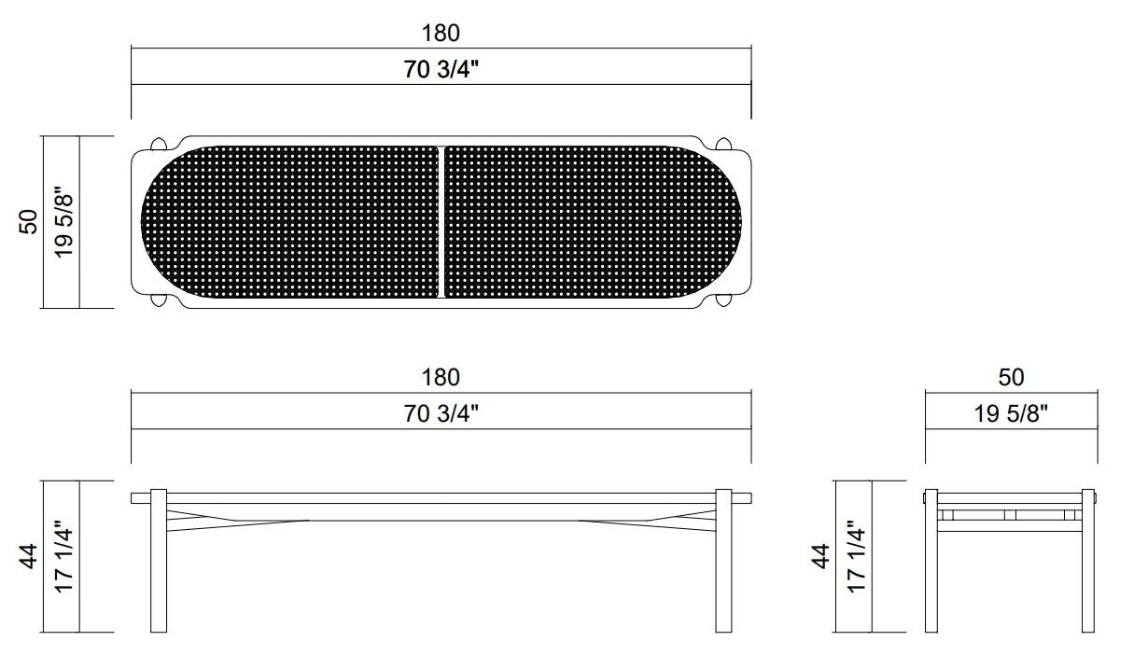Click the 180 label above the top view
[441, 33]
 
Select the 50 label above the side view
[1011, 377]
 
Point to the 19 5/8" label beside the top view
[63, 223]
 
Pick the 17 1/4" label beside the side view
[855, 557]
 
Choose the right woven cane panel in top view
[593, 222]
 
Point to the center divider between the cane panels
[441, 222]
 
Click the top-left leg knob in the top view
[160, 144]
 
